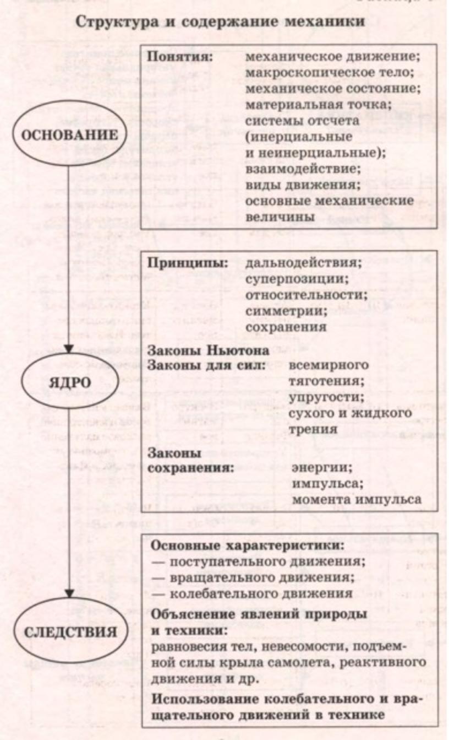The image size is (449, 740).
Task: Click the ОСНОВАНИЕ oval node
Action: pos(69,136)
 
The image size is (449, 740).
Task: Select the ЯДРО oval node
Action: pos(70,383)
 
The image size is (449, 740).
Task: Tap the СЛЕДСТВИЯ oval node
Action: pos(70,633)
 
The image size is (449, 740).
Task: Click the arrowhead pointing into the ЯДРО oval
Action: pos(69,349)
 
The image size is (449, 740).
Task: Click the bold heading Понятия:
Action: pos(180,57)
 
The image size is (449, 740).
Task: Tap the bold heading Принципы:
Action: pos(188,263)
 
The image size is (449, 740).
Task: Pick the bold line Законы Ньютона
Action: pos(208,350)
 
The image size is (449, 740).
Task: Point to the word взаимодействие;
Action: pos(303,169)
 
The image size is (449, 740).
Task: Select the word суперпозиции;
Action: pos(297,279)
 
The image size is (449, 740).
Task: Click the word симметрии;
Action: pos(286,311)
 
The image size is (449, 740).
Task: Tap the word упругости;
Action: pos(327,397)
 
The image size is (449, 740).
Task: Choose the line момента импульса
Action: pos(357,500)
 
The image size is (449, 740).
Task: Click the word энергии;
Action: pos(322,468)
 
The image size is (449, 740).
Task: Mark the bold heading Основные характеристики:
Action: pos(248,545)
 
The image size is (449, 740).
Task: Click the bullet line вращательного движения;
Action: pos(253,577)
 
